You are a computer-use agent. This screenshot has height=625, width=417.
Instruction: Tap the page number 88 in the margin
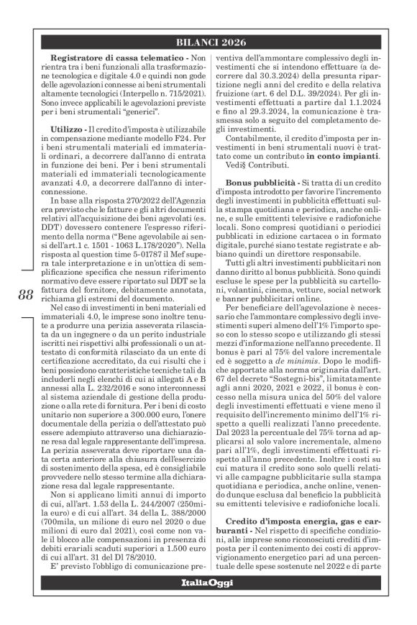pos(26,314)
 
